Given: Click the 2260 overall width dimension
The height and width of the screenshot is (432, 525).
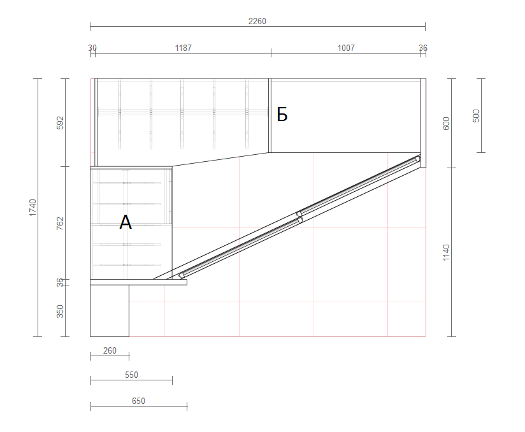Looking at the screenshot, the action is (x=257, y=22).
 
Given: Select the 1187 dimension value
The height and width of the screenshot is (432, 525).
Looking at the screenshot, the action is (x=183, y=48).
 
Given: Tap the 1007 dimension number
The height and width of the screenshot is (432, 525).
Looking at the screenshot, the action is (x=346, y=48).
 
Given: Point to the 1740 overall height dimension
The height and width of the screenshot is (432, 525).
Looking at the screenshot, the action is (x=32, y=208).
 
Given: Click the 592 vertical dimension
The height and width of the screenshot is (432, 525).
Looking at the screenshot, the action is (x=60, y=123).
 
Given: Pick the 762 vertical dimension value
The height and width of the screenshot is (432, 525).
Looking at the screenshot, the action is (x=60, y=224).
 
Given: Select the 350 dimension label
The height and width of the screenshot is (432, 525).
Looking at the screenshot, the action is (x=60, y=312).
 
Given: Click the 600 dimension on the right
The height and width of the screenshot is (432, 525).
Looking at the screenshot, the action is (x=446, y=124).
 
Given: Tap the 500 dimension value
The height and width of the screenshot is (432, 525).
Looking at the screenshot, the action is (x=476, y=116).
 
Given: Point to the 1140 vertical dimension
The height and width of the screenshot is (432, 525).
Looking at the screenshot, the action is (x=446, y=252).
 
